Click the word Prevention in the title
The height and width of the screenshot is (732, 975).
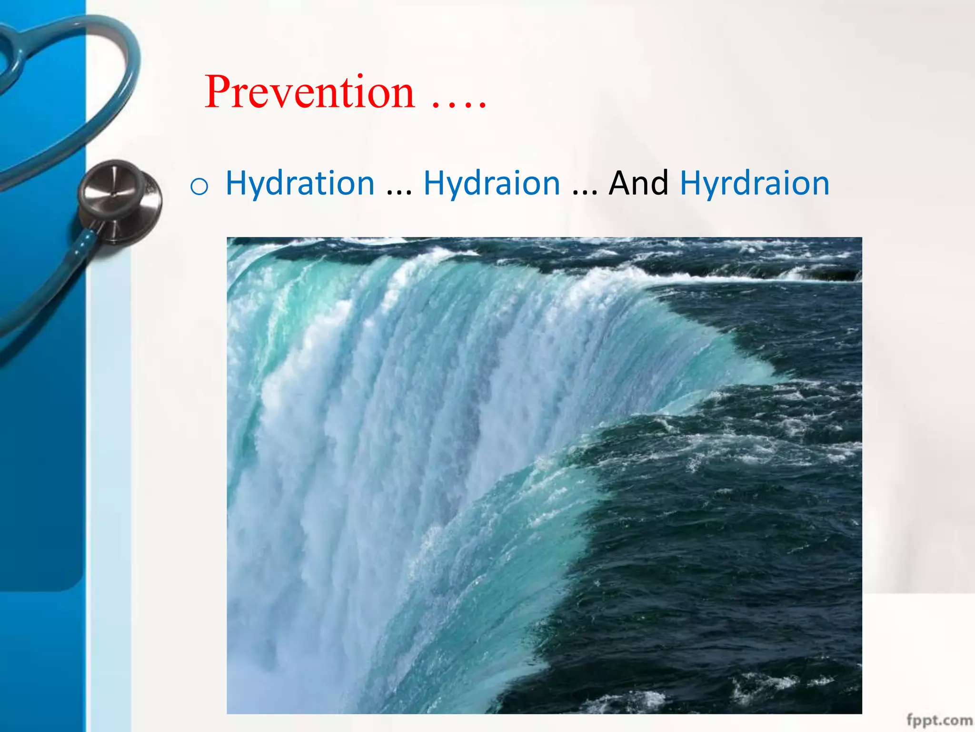click(309, 92)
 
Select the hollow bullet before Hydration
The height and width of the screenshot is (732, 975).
click(199, 186)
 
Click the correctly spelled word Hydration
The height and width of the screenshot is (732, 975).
click(300, 183)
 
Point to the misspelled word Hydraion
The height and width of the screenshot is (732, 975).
click(492, 183)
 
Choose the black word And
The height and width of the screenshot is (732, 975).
click(638, 183)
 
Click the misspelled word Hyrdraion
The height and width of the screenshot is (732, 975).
click(755, 183)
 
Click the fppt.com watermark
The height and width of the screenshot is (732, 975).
click(938, 720)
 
